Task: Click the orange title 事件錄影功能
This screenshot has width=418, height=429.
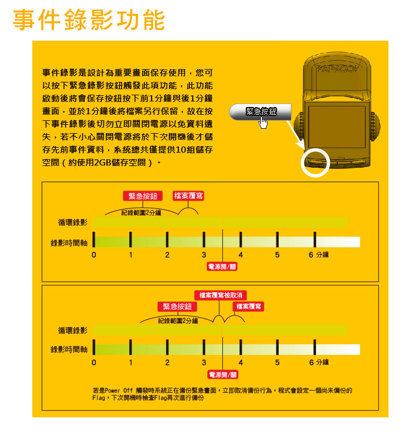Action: pos(89,19)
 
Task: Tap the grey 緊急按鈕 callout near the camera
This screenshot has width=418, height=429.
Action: pos(260,111)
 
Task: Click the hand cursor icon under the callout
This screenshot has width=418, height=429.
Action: pos(263,123)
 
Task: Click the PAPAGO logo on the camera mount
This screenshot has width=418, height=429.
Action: pos(337,69)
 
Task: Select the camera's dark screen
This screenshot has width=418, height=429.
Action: pos(337,127)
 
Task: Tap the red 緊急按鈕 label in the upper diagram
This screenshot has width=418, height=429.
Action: pos(143,196)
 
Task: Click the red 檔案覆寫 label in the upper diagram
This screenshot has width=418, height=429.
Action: pos(188,196)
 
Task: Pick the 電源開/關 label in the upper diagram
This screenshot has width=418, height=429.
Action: pos(222,266)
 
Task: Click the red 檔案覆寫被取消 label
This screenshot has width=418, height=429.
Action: pos(221,295)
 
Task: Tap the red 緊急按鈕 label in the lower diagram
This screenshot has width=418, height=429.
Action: pos(177,306)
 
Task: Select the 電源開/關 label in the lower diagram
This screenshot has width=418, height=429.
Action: pos(222,374)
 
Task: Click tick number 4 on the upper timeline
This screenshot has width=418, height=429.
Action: pos(241,255)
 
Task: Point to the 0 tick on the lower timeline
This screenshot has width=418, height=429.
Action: pos(94,363)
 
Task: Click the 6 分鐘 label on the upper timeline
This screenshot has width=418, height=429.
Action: pos(319,255)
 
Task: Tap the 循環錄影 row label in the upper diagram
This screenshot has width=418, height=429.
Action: pos(72,222)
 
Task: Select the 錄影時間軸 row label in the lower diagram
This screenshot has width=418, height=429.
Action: pos(69,349)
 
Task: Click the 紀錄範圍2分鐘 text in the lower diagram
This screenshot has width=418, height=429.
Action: pos(178,321)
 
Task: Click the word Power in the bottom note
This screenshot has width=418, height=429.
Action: pos(112,391)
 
